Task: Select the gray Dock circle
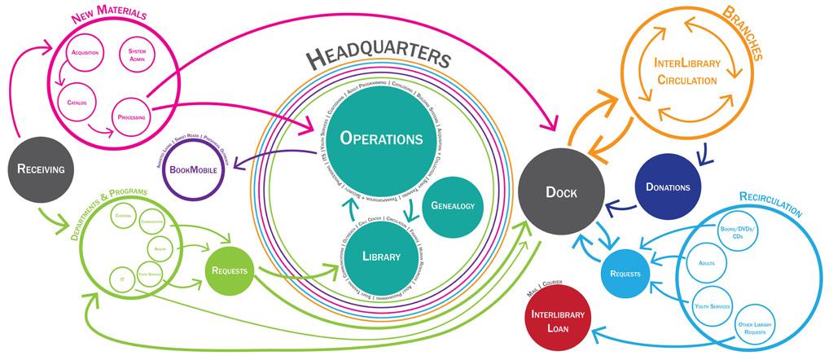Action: (x=561, y=192)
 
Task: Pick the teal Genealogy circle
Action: (x=453, y=206)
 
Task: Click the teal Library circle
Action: (x=381, y=257)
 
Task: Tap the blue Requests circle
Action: (x=625, y=272)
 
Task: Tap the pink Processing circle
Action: (x=131, y=117)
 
